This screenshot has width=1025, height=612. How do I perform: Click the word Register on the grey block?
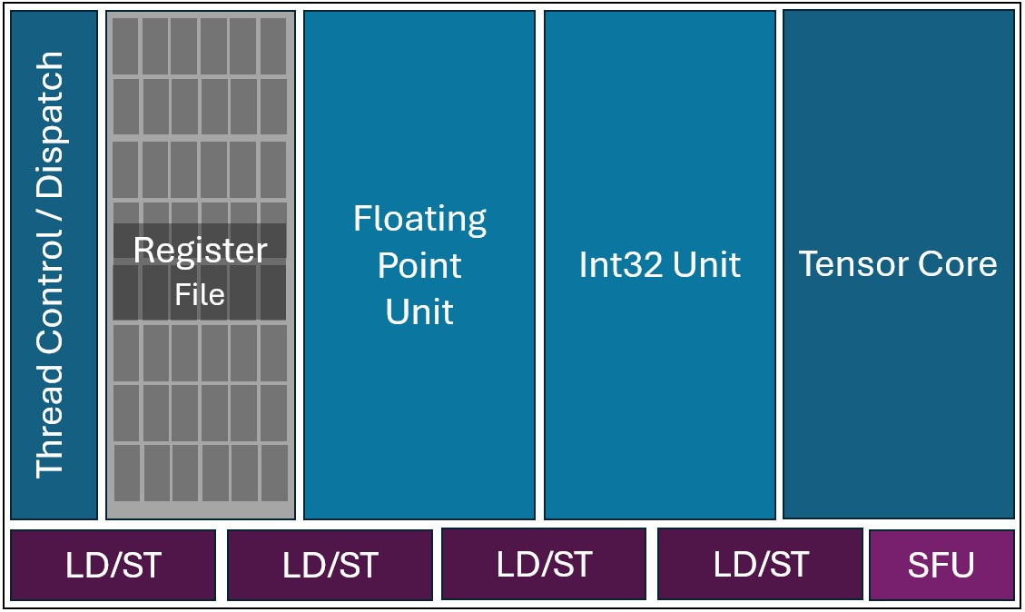[x=200, y=251]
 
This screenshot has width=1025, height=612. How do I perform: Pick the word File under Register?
[x=200, y=294]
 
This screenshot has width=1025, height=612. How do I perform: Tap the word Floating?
[x=419, y=219]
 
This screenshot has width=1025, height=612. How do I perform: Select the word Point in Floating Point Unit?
[x=419, y=266]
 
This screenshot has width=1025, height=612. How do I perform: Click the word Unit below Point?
[x=419, y=311]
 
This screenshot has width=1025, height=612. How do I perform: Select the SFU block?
[x=941, y=565]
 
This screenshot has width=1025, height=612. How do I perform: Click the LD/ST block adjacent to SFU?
[x=760, y=565]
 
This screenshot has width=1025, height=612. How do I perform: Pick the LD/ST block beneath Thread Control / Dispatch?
[x=113, y=565]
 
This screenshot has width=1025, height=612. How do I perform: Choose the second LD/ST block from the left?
[x=330, y=565]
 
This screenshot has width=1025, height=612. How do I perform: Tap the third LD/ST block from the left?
[x=544, y=565]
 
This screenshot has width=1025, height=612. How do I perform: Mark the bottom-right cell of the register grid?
[x=274, y=472]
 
